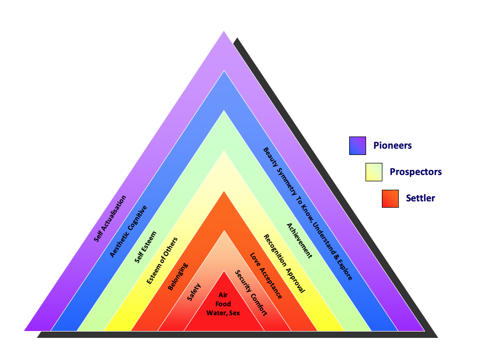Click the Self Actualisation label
[x=110, y=219]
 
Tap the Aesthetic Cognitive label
[x=129, y=231]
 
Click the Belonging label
[x=178, y=276]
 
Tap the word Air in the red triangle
[x=223, y=295]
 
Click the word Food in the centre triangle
[x=223, y=304]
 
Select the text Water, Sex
[x=223, y=313]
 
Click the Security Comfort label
[x=251, y=293]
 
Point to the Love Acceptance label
[x=266, y=276]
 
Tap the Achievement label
[x=299, y=240]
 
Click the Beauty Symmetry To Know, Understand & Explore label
[x=308, y=213]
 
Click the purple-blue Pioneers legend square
[x=358, y=146]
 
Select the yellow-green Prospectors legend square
[x=374, y=172]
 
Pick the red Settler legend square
[x=390, y=199]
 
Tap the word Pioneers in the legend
[x=392, y=145]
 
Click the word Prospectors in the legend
[x=416, y=172]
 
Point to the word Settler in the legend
[x=420, y=199]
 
